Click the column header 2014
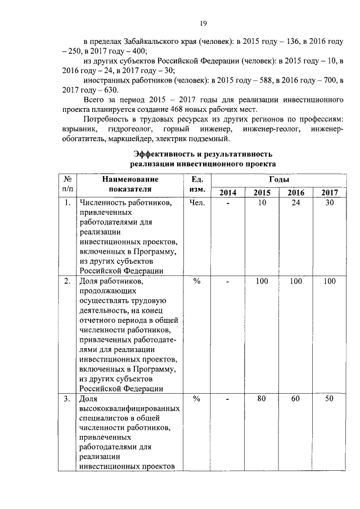point(228,193)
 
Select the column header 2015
point(262,193)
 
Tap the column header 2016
point(296,193)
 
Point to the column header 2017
point(330,193)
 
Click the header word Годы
point(278,179)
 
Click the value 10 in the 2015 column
point(262,203)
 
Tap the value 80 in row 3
point(262,399)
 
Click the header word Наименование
point(130,179)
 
